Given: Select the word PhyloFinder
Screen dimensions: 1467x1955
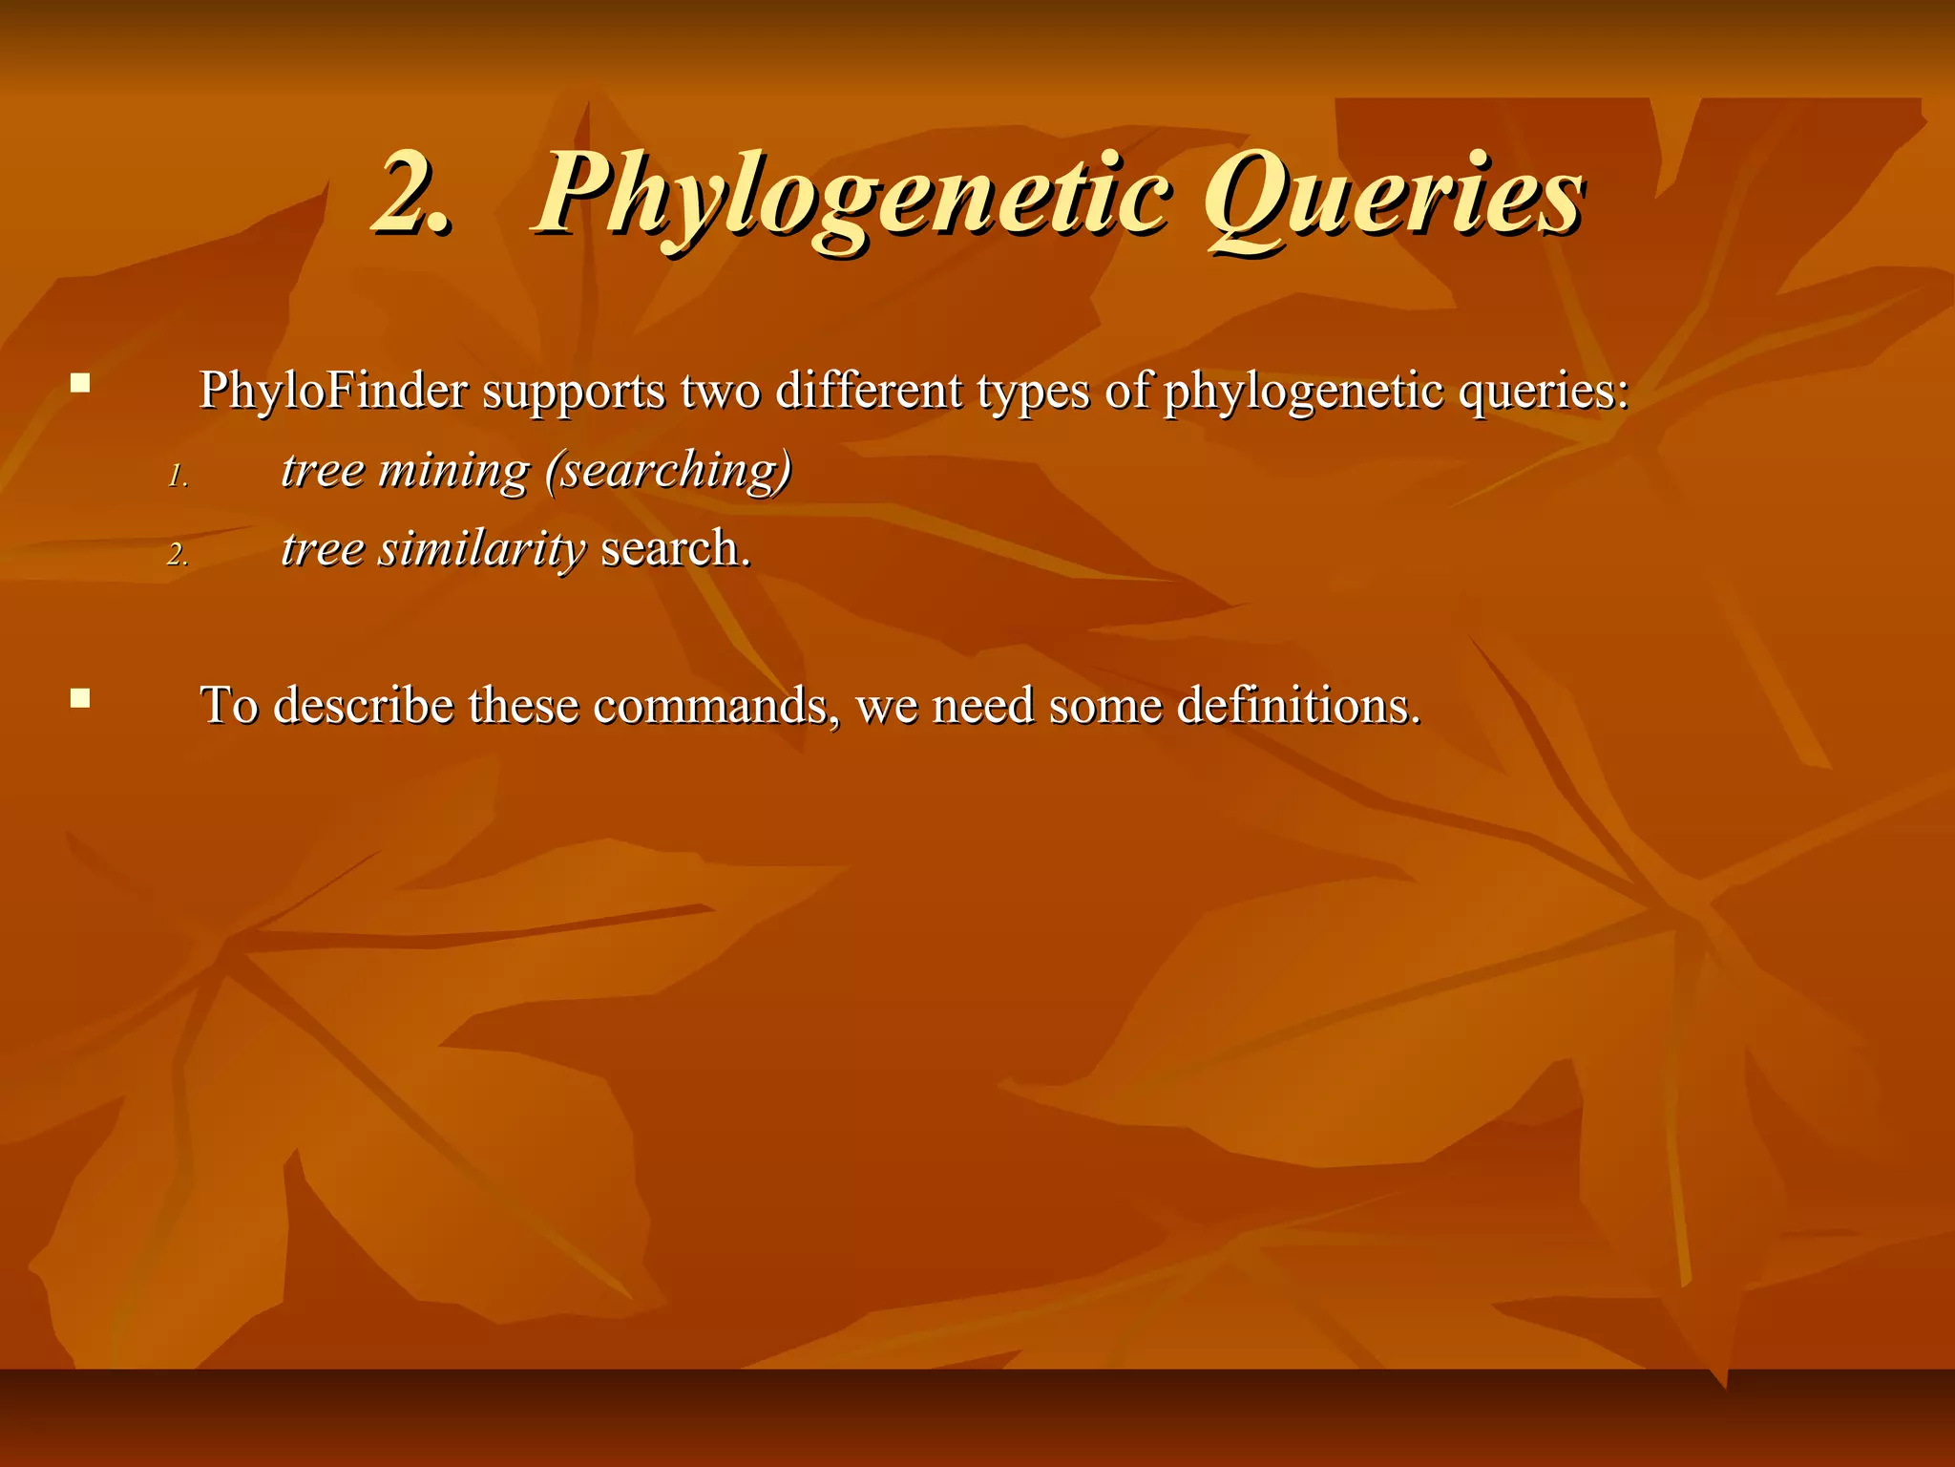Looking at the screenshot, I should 334,391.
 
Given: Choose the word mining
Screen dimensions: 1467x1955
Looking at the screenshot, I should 453,471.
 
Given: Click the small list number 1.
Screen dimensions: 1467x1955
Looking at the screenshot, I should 178,476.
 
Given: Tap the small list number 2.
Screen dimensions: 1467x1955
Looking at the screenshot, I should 178,554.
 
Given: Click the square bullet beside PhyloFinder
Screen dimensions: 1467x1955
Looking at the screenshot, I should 80,385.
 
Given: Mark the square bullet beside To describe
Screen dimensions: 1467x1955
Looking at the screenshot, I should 80,699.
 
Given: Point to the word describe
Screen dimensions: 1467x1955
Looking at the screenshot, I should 364,706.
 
